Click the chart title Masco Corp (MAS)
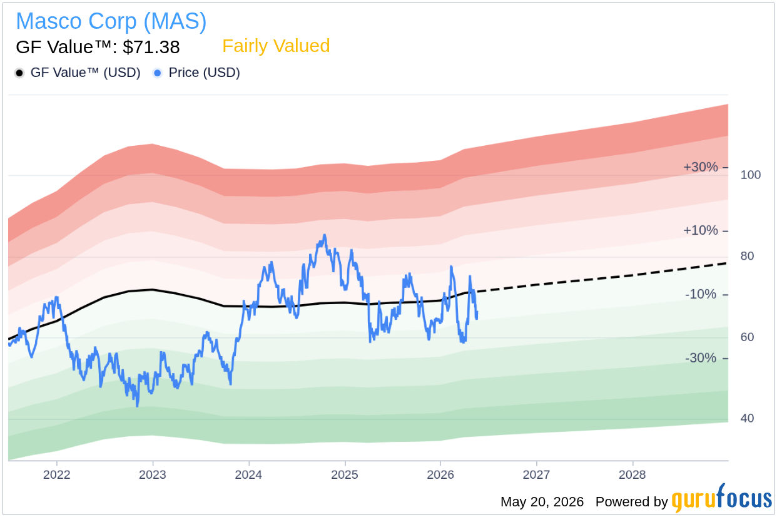[111, 21]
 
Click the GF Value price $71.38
[151, 47]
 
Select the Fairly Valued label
[276, 46]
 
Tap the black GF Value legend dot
[19, 73]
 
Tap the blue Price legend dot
[158, 73]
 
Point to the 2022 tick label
[56, 474]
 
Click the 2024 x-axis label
[249, 474]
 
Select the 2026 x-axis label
[440, 474]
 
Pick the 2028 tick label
[632, 474]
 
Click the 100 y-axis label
[751, 175]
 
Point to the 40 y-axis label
[747, 418]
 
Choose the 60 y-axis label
[747, 337]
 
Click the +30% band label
[701, 167]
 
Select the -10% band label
[701, 294]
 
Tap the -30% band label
[701, 358]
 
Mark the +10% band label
[701, 230]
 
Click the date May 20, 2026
[542, 502]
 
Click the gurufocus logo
[722, 498]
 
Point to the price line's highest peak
[325, 235]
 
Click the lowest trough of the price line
[138, 406]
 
